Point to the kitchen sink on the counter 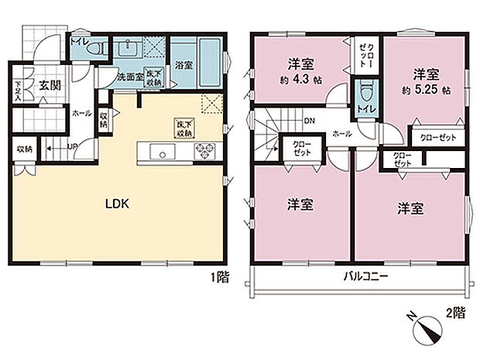[163, 152]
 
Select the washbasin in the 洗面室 [128, 50]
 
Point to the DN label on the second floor [310, 121]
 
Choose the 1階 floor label [219, 277]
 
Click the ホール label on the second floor [342, 133]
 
